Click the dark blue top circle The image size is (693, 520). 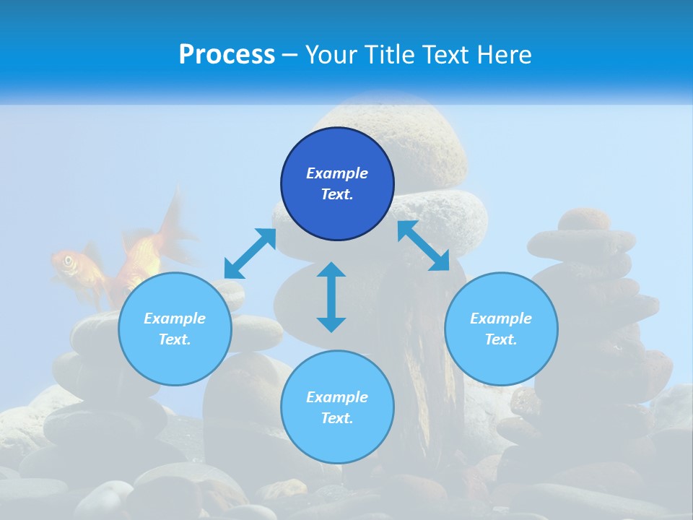(x=337, y=184)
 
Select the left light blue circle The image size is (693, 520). (x=175, y=329)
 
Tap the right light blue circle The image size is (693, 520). (x=501, y=329)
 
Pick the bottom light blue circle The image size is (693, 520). (x=337, y=407)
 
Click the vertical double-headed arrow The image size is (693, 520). (x=331, y=297)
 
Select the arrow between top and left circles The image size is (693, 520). (x=250, y=253)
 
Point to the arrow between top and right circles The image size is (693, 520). (x=424, y=246)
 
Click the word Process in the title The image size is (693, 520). (x=227, y=54)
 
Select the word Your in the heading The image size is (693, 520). (x=331, y=54)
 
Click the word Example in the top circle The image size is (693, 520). (x=337, y=173)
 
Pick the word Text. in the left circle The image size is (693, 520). (x=175, y=339)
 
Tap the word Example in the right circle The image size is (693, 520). (x=501, y=318)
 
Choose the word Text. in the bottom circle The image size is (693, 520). (x=337, y=418)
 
